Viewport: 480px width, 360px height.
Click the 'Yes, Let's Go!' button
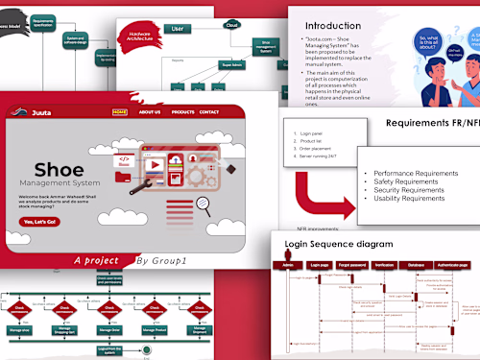pyautogui.click(x=40, y=222)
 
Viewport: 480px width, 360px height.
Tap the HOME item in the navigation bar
pyautogui.click(x=119, y=112)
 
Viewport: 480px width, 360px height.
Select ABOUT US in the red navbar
pyautogui.click(x=150, y=112)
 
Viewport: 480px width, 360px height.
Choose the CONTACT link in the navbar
pyautogui.click(x=208, y=112)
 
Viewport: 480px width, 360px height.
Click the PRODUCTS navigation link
pyautogui.click(x=182, y=112)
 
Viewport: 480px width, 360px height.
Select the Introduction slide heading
pyautogui.click(x=338, y=26)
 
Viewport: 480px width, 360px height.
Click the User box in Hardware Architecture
pyautogui.click(x=178, y=29)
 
